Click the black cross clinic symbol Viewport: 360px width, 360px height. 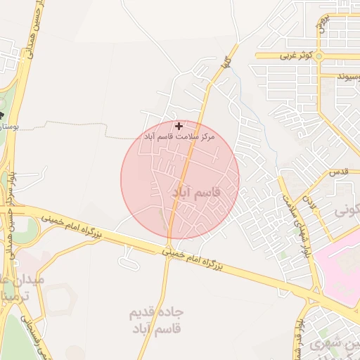click(x=179, y=126)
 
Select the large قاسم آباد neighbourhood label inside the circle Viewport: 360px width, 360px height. click(x=196, y=191)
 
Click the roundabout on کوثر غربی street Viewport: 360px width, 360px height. click(x=319, y=56)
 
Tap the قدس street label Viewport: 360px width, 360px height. click(x=339, y=172)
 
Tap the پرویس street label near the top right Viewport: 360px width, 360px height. click(x=322, y=25)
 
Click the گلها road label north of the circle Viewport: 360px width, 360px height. click(x=226, y=63)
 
